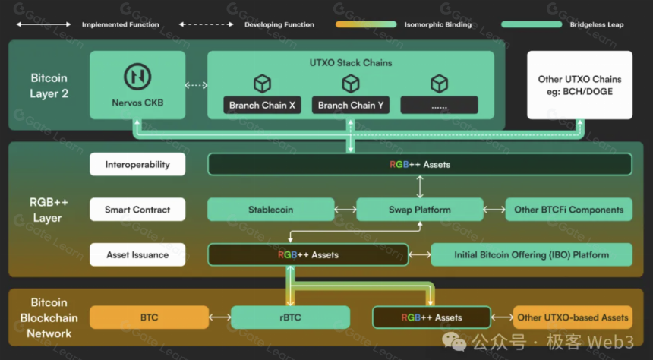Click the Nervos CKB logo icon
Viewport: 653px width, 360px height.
pyautogui.click(x=137, y=77)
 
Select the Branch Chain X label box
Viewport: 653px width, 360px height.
pyautogui.click(x=262, y=105)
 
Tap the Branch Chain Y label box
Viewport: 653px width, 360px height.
pyautogui.click(x=351, y=105)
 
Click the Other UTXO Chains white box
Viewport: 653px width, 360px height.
pyautogui.click(x=579, y=85)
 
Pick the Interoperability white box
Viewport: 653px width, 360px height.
pyautogui.click(x=137, y=164)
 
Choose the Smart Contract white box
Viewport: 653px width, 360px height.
pyautogui.click(x=137, y=209)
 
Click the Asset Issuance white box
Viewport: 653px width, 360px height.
pyautogui.click(x=137, y=254)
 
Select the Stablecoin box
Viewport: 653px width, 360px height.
pyautogui.click(x=271, y=209)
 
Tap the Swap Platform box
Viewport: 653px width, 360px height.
pyautogui.click(x=420, y=209)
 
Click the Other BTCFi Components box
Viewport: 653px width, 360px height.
pyautogui.click(x=569, y=209)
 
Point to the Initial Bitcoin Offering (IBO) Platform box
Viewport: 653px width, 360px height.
pyautogui.click(x=532, y=254)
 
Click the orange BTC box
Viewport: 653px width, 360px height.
pyautogui.click(x=149, y=317)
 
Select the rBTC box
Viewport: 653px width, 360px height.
pyautogui.click(x=290, y=317)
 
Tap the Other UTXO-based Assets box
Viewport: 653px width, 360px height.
pyautogui.click(x=573, y=317)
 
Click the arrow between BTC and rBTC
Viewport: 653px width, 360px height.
pyautogui.click(x=220, y=317)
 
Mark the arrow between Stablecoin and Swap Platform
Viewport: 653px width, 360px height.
pyautogui.click(x=345, y=209)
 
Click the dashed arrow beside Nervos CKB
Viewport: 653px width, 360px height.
pyautogui.click(x=196, y=85)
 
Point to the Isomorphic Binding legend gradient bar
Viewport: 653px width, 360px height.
pyautogui.click(x=366, y=24)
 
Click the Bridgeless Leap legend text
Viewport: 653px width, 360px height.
pyautogui.click(x=596, y=24)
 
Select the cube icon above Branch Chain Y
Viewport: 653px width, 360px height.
pyautogui.click(x=351, y=84)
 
